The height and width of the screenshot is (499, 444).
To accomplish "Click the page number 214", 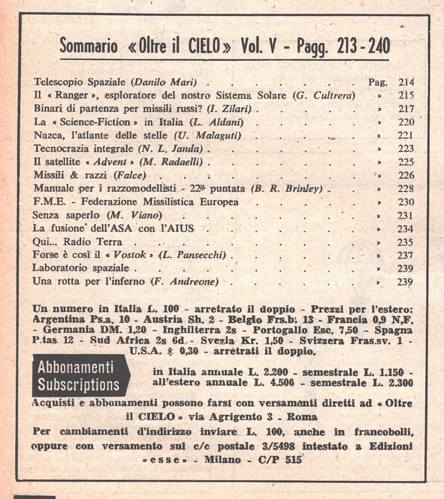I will point(406,82).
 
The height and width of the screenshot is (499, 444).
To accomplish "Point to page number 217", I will point(406,109).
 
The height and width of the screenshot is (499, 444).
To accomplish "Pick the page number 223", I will point(406,149).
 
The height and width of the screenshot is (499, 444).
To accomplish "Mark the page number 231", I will point(406,215).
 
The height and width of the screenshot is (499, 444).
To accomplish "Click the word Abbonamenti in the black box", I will point(76,368).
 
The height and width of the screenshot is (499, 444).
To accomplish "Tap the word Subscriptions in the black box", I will point(78,385).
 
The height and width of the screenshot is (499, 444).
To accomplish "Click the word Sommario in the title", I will point(88,47).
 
